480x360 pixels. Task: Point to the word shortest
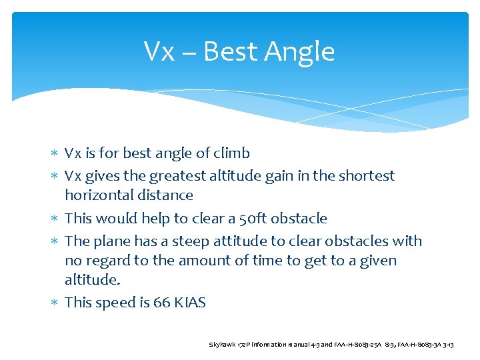[x=365, y=176]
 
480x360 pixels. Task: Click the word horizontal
[x=99, y=195]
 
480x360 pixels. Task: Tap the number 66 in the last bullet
[x=161, y=303]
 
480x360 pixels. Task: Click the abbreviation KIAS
[x=190, y=303]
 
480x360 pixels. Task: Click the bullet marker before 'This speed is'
[x=55, y=303]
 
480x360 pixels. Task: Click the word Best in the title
[x=233, y=51]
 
